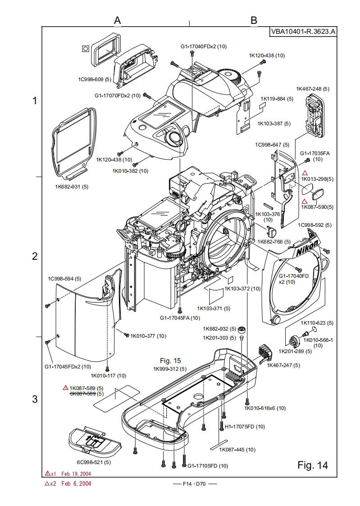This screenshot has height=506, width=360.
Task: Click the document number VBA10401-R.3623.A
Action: click(x=303, y=32)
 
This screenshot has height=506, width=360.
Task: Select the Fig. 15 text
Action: click(x=170, y=360)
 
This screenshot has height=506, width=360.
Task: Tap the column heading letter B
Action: click(x=254, y=20)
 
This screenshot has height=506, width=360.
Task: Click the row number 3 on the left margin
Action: click(x=35, y=399)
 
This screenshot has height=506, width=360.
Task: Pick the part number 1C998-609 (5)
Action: click(x=95, y=79)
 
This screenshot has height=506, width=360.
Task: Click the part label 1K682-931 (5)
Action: click(x=72, y=186)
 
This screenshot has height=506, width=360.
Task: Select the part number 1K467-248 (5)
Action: click(x=312, y=89)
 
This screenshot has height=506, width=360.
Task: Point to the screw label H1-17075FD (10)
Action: click(x=245, y=426)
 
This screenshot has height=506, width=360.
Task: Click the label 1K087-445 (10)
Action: click(x=237, y=449)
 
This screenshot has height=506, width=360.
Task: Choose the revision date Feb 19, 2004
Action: click(x=76, y=474)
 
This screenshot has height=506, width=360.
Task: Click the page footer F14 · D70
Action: click(x=195, y=484)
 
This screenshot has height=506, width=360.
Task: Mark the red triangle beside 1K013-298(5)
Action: click(x=305, y=173)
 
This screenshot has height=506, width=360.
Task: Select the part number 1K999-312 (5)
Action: click(x=170, y=368)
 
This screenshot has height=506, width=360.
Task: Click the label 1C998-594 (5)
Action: click(x=64, y=279)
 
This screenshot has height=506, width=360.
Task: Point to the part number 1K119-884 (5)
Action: click(x=277, y=98)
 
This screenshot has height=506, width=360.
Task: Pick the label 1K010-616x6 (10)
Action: click(x=265, y=408)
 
